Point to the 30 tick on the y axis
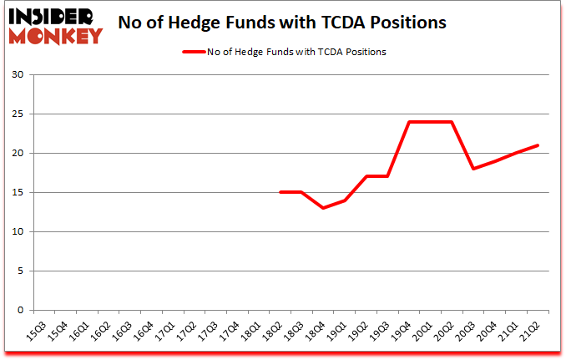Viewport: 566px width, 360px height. tap(18, 75)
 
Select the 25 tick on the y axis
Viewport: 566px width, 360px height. tap(18, 114)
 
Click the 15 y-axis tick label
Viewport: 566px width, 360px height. tap(18, 193)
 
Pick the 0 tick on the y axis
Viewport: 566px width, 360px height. tap(21, 310)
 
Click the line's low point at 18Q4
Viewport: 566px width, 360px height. tap(323, 208)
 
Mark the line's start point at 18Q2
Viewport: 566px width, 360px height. tap(280, 192)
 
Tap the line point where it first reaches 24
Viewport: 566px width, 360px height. tap(409, 122)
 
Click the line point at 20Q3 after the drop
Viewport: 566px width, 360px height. tap(474, 169)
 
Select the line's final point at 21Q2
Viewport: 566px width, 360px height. tap(538, 145)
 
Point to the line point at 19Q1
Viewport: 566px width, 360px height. tap(345, 200)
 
